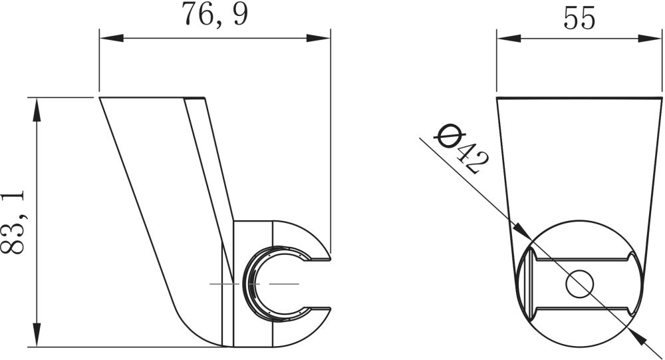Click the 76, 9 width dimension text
coord(215,15)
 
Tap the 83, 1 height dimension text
coord(13,222)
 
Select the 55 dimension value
coord(579,18)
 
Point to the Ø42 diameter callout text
coord(462,148)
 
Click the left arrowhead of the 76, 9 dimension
coord(112,38)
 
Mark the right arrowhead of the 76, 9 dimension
coord(318,38)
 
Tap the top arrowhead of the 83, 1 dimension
coord(37,110)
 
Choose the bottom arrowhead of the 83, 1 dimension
coord(37,335)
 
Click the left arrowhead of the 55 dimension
coord(509,39)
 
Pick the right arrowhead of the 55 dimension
coord(650,39)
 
